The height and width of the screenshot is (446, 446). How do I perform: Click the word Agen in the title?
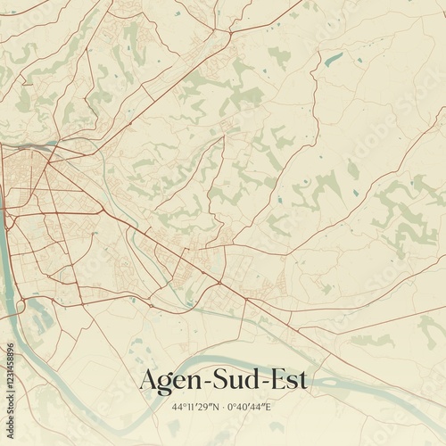point(169,381)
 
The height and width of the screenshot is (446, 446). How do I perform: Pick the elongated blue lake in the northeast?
point(334,60)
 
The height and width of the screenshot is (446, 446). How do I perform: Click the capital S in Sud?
point(220,379)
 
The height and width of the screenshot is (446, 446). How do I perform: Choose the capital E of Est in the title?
point(277,379)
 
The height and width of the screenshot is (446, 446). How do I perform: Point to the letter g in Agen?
point(168,384)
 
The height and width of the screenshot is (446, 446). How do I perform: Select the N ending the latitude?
point(218,407)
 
